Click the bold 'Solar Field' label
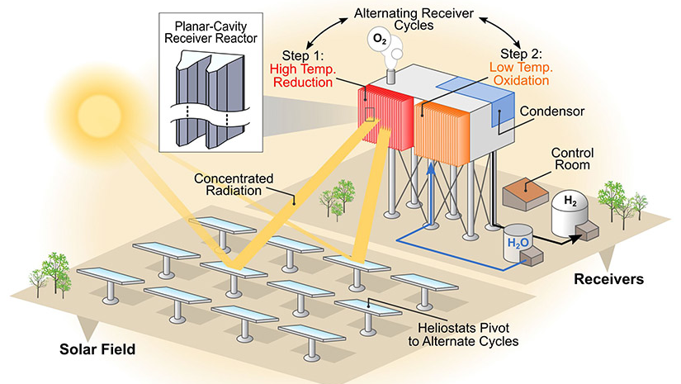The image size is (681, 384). [x=96, y=349]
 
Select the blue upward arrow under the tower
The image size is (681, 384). [x=431, y=190]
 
